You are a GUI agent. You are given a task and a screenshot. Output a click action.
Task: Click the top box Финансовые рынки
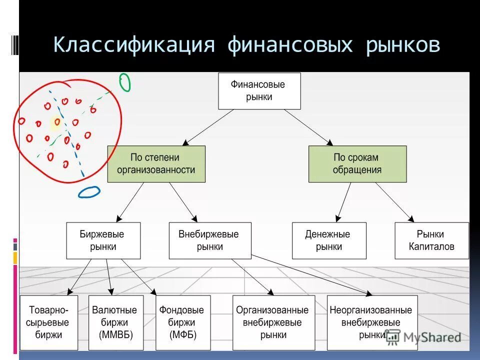[259, 90]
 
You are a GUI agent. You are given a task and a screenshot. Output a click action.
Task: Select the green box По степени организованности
[156, 163]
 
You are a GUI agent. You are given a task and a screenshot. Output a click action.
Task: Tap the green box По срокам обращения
[357, 163]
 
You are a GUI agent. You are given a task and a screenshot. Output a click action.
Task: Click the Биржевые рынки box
[103, 240]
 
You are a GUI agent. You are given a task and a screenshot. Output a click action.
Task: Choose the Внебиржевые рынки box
[210, 240]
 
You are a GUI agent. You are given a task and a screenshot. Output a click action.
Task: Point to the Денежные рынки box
[329, 240]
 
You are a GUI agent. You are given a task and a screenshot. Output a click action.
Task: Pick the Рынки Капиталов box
[431, 240]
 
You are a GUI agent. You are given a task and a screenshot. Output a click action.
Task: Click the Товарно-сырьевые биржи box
[49, 322]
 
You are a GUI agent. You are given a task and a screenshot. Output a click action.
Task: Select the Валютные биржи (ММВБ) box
[116, 322]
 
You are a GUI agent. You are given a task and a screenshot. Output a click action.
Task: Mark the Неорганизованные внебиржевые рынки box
[370, 322]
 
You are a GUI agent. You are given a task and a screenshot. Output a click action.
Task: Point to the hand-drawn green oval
[124, 82]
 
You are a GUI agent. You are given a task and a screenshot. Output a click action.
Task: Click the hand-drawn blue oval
[89, 192]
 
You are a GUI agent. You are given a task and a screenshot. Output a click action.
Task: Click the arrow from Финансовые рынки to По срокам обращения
[307, 127]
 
